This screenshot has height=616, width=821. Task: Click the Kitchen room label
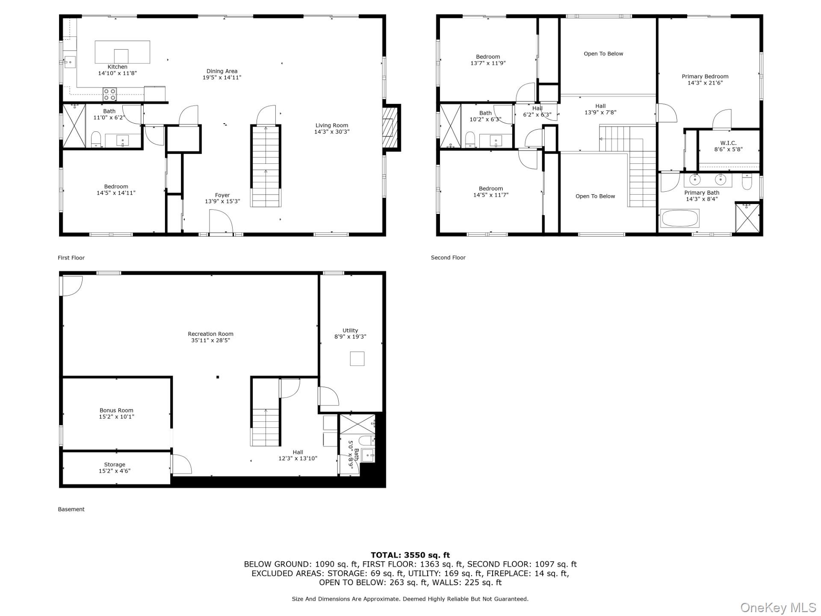[117, 67]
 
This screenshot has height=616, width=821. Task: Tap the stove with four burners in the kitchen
[109, 95]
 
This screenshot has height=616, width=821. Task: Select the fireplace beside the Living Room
[390, 127]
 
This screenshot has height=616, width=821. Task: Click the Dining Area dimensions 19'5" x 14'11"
[222, 77]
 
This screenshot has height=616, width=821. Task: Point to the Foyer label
[222, 195]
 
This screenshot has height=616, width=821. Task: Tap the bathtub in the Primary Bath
[680, 218]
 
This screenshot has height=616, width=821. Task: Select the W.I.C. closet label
[728, 143]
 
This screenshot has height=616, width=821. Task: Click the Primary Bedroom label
[705, 77]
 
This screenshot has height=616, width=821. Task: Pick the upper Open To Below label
[603, 53]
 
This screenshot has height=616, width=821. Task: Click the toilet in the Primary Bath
[747, 182]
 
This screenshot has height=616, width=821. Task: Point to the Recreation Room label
[210, 334]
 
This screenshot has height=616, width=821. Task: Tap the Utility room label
[350, 330]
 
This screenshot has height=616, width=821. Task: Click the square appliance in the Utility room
[357, 358]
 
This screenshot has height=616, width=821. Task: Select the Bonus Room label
[116, 410]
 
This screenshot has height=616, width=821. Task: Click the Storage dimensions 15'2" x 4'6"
[115, 471]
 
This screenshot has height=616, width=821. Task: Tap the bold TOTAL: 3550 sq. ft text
[410, 555]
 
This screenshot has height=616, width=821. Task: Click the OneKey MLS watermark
[778, 607]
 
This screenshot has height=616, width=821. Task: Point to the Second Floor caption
[448, 258]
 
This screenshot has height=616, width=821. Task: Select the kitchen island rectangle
[122, 52]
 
